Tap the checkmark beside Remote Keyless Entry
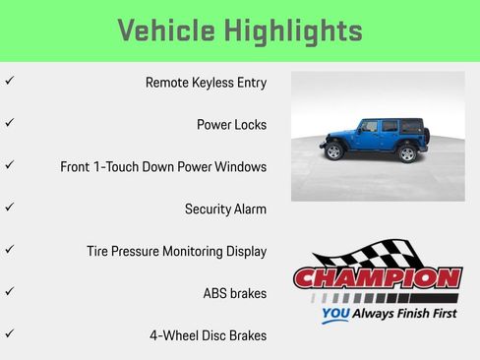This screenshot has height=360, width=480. click(x=9, y=82)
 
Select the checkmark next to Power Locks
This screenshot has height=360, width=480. click(x=9, y=124)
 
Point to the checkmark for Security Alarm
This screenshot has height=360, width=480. click(x=9, y=208)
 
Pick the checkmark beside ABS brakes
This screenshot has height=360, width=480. click(x=9, y=292)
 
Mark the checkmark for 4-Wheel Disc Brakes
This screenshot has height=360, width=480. click(x=9, y=334)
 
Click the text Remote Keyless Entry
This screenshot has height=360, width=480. click(x=206, y=83)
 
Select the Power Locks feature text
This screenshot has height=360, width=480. click(x=231, y=125)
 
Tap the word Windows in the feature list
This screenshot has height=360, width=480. click(x=242, y=167)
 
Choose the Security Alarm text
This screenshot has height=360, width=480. click(x=225, y=209)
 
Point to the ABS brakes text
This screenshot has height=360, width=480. click(x=234, y=293)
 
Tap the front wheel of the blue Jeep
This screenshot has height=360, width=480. click(x=333, y=152)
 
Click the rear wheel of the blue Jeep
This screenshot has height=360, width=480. click(x=407, y=152)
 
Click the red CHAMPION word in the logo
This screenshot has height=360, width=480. click(x=378, y=278)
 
